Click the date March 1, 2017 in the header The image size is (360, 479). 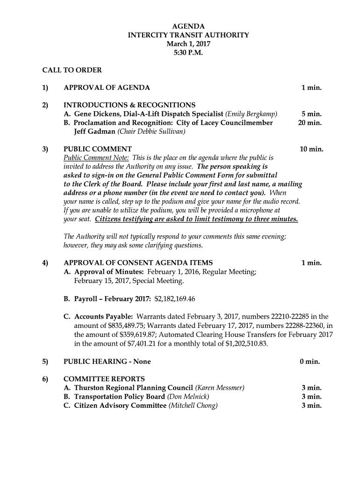188,44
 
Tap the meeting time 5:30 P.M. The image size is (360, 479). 188,53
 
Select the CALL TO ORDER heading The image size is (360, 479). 72,70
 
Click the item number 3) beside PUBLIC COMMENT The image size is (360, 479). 45,149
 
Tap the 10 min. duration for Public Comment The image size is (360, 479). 311,149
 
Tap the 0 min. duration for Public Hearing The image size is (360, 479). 310,362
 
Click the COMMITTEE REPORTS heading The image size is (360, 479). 104,379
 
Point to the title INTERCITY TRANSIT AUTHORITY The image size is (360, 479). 188,35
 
